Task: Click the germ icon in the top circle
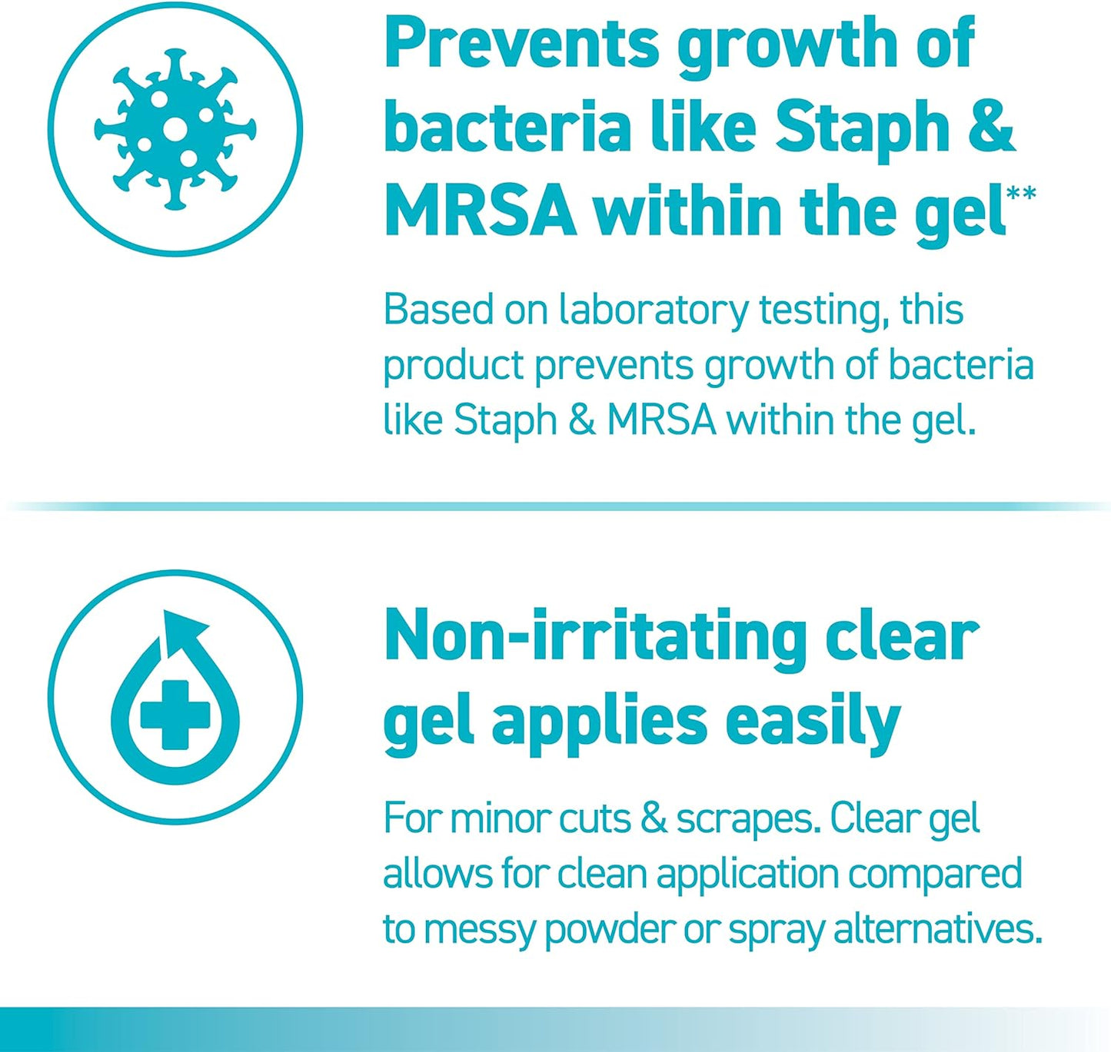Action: (x=175, y=128)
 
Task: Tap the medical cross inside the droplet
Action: (x=175, y=714)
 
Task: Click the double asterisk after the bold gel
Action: (x=1021, y=193)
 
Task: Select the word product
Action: (x=453, y=366)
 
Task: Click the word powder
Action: (x=609, y=929)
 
